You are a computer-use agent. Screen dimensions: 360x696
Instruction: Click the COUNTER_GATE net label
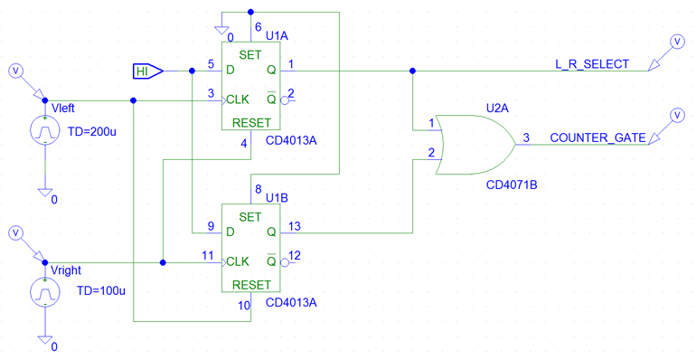pyautogui.click(x=597, y=137)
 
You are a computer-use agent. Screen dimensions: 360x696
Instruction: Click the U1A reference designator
pyautogui.click(x=277, y=35)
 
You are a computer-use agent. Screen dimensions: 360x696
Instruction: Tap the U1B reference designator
pyautogui.click(x=277, y=198)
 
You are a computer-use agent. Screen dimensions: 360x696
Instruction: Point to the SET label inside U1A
pyautogui.click(x=250, y=55)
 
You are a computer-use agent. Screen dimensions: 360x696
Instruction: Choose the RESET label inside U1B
pyautogui.click(x=250, y=284)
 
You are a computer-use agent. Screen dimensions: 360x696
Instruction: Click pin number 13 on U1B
pyautogui.click(x=295, y=226)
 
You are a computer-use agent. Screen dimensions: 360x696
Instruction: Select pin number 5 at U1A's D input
pyautogui.click(x=210, y=64)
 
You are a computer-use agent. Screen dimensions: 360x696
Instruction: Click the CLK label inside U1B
pyautogui.click(x=238, y=262)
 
